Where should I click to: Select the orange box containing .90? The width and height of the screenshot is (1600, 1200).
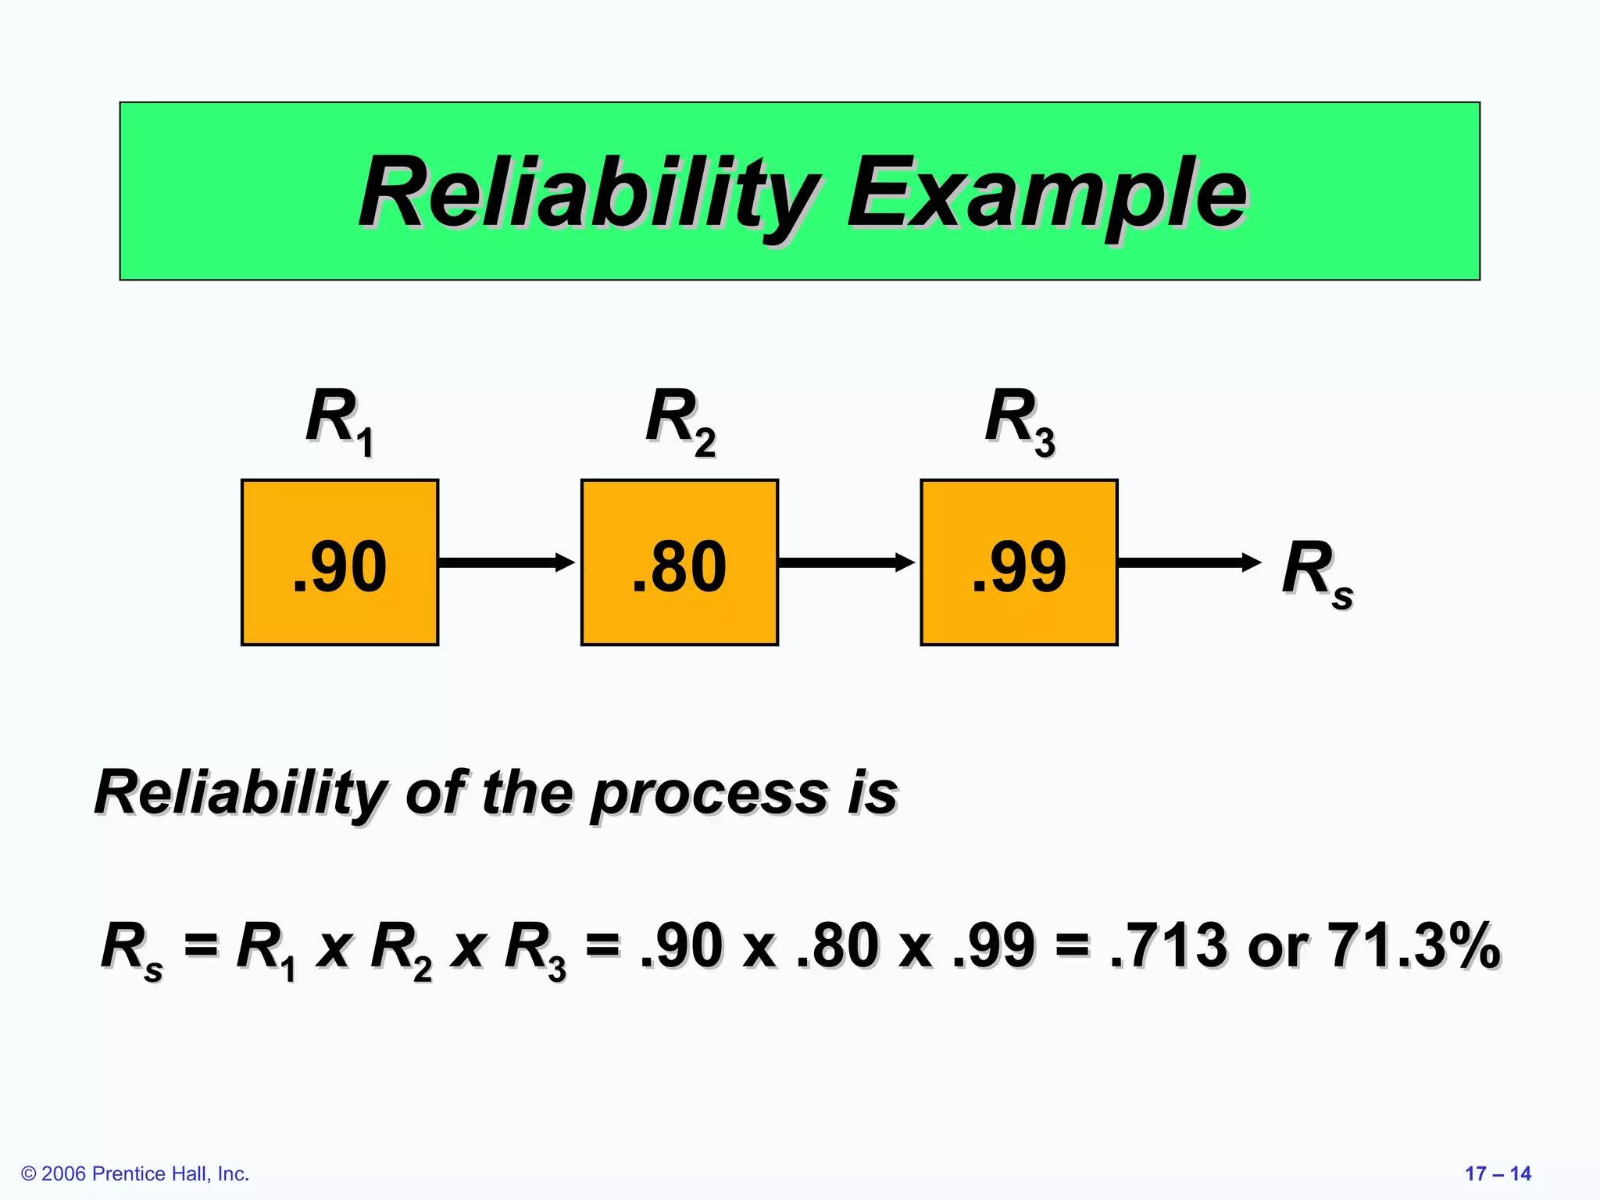click(x=340, y=562)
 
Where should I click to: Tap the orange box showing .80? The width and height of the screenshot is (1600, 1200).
click(x=679, y=562)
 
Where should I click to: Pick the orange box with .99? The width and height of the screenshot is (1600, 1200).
click(x=1019, y=562)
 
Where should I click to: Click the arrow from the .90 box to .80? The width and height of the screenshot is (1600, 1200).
click(x=506, y=562)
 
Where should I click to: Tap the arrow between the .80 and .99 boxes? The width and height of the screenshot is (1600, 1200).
click(x=846, y=562)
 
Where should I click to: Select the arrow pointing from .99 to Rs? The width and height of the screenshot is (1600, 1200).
click(x=1188, y=562)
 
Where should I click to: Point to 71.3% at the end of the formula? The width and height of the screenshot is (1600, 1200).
click(x=1413, y=945)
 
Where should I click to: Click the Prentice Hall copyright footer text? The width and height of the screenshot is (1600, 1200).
click(x=135, y=1173)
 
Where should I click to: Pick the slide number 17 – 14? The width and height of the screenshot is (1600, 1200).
click(x=1497, y=1173)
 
